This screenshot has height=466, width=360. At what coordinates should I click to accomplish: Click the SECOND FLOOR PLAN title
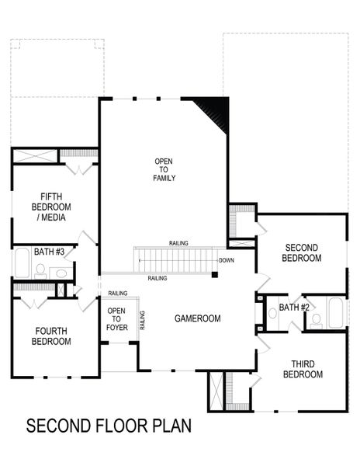pyautogui.click(x=109, y=426)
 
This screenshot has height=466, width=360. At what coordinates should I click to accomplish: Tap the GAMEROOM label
pyautogui.click(x=197, y=318)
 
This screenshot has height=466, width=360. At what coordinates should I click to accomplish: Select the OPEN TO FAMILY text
pyautogui.click(x=164, y=169)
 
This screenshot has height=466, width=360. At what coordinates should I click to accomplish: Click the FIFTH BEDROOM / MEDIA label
pyautogui.click(x=51, y=207)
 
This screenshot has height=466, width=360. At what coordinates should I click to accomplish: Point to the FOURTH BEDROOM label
pyautogui.click(x=50, y=336)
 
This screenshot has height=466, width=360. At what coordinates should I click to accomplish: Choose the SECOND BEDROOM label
pyautogui.click(x=301, y=252)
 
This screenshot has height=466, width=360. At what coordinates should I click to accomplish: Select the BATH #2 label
pyautogui.click(x=294, y=308)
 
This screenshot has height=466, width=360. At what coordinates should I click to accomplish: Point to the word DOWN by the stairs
pyautogui.click(x=227, y=260)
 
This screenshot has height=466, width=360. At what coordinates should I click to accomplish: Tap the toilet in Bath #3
pyautogui.click(x=40, y=271)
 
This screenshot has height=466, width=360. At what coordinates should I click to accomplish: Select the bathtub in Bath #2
pyautogui.click(x=336, y=315)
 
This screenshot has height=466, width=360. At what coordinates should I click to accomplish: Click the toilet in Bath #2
pyautogui.click(x=316, y=319)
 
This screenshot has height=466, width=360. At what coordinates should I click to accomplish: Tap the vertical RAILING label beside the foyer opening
pyautogui.click(x=142, y=320)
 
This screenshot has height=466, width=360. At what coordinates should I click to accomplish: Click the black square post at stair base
pyautogui.click(x=215, y=273)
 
